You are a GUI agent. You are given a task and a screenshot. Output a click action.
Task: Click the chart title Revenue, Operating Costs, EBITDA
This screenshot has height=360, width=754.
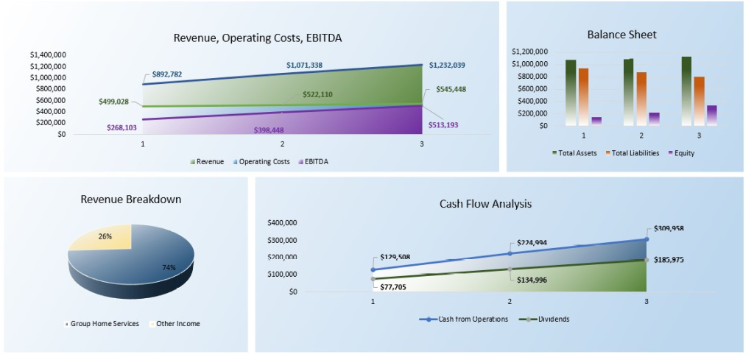click(x=257, y=38)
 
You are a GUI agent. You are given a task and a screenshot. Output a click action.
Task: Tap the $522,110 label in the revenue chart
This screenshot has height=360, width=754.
click(x=317, y=95)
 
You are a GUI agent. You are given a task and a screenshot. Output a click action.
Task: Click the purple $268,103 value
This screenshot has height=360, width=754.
click(x=121, y=127)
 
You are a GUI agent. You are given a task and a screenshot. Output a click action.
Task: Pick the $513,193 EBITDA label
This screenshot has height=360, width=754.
click(x=443, y=124)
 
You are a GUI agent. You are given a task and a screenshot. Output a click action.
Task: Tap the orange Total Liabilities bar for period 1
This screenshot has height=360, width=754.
click(x=584, y=96)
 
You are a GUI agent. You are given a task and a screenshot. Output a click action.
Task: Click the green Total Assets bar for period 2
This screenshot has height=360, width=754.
click(x=628, y=92)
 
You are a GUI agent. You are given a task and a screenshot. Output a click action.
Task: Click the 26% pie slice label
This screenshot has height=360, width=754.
click(x=105, y=236)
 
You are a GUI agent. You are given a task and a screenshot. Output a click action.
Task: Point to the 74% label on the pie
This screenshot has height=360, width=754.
click(x=169, y=267)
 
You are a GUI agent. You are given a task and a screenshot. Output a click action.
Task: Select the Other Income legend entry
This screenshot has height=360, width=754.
click(x=177, y=323)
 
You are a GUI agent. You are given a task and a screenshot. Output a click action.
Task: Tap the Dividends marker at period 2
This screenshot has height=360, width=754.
click(x=510, y=269)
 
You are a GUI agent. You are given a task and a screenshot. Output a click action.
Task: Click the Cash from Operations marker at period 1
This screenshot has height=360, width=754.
click(x=373, y=269)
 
